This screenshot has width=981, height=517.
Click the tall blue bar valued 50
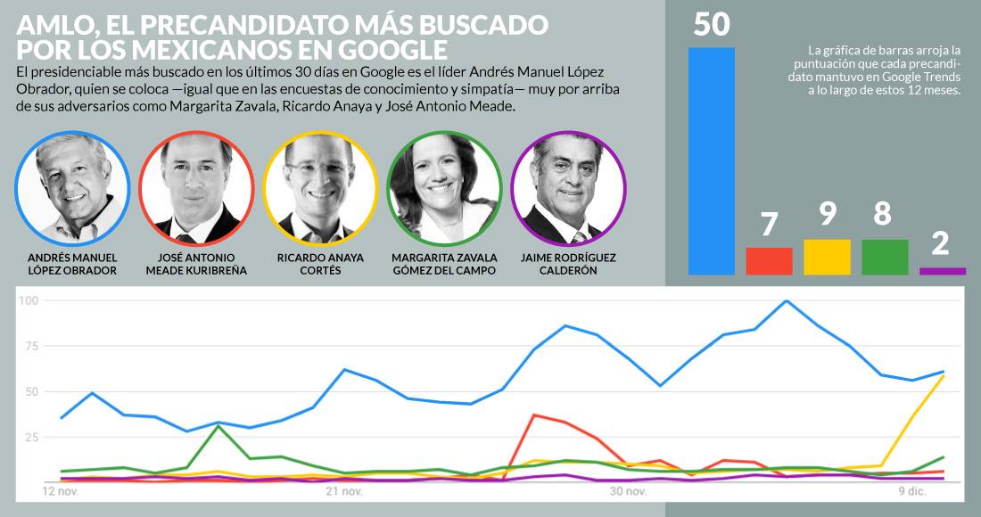click(x=711, y=160)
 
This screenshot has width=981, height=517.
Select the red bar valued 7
click(x=769, y=260)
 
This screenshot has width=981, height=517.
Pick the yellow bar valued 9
click(x=827, y=257)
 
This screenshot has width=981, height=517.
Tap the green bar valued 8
click(x=885, y=257)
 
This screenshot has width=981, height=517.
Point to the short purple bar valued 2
click(x=943, y=271)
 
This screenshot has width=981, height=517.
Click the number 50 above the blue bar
click(x=711, y=23)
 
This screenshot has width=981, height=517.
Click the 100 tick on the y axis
click(x=29, y=301)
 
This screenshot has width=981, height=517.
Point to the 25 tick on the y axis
click(x=31, y=437)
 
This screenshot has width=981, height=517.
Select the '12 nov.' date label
click(x=62, y=492)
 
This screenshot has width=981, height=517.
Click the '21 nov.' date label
click(x=344, y=492)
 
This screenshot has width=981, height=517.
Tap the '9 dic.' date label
click(x=911, y=492)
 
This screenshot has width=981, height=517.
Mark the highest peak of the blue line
click(x=786, y=301)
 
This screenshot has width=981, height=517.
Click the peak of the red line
click(x=533, y=414)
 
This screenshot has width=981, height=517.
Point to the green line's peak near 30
click(x=218, y=426)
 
